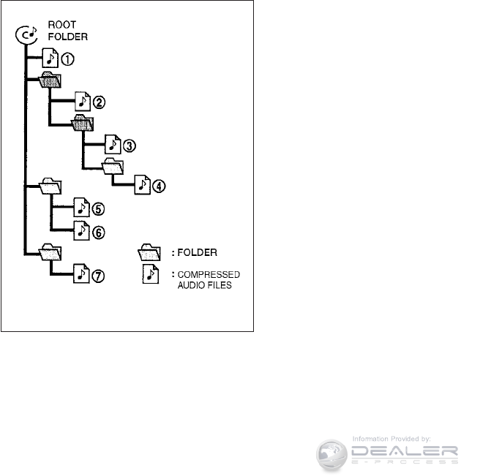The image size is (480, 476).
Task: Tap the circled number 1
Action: tap(70, 56)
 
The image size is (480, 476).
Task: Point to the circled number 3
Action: tap(129, 145)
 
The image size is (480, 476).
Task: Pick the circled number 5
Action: tap(99, 209)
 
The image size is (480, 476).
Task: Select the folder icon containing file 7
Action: tap(50, 252)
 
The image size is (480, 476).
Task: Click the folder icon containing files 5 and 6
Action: tap(50, 186)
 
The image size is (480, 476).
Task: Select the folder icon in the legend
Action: tap(149, 253)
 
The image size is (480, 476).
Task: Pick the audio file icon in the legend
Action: tap(149, 276)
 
